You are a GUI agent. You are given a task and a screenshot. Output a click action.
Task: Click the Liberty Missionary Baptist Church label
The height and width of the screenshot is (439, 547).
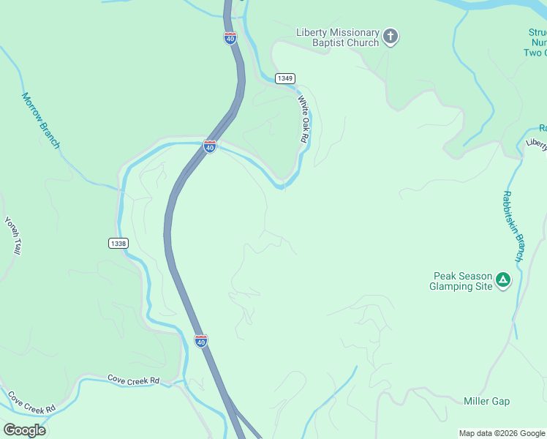pyautogui.click(x=337, y=37)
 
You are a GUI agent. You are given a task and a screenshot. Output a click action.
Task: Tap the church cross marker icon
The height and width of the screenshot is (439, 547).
pyautogui.click(x=391, y=36)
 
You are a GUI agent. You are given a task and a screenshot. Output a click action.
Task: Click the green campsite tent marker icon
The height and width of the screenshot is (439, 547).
pyautogui.click(x=503, y=279)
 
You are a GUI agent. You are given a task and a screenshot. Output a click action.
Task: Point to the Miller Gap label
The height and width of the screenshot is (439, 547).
pyautogui.click(x=486, y=401)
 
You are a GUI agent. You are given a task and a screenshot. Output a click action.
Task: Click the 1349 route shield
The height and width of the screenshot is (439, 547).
pyautogui.click(x=285, y=78)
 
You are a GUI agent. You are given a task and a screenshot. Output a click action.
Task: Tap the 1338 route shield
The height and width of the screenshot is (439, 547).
pyautogui.click(x=118, y=243)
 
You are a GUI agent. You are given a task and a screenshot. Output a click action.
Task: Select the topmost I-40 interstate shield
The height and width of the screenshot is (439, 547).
pyautogui.click(x=230, y=38)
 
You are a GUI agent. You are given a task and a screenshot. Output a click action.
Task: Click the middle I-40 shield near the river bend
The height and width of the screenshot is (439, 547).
pyautogui.click(x=210, y=147)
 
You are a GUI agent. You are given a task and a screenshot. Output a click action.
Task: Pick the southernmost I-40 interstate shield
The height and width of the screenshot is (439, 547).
pyautogui.click(x=201, y=341)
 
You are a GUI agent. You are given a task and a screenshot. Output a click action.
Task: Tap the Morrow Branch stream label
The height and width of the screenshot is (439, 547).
pyautogui.click(x=40, y=120)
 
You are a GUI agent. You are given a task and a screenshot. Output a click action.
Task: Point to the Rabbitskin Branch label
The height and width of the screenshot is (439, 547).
pyautogui.click(x=512, y=226)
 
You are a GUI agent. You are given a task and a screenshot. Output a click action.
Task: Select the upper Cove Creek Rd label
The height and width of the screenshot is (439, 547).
pyautogui.click(x=134, y=380)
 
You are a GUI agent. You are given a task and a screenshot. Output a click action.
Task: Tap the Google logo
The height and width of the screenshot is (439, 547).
pyautogui.click(x=24, y=429)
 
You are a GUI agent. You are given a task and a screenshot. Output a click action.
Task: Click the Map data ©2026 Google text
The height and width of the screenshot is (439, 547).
pyautogui.click(x=502, y=433)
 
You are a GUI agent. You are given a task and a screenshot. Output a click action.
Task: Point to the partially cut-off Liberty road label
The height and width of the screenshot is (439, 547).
pyautogui.click(x=536, y=144)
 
